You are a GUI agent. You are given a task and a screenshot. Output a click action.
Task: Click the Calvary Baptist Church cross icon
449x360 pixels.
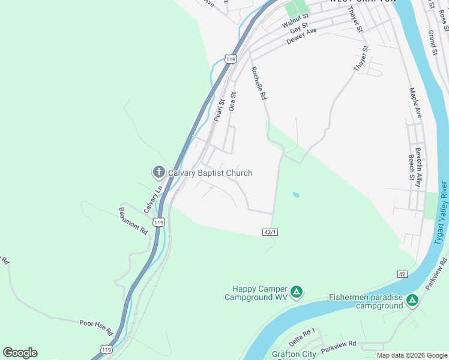click(x=159, y=173)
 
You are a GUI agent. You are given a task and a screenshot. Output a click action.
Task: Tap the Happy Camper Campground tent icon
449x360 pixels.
click(x=296, y=292)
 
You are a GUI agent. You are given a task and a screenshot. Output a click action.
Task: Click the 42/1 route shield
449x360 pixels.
click(x=270, y=232)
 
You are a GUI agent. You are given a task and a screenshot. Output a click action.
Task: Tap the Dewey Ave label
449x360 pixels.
click(x=301, y=35)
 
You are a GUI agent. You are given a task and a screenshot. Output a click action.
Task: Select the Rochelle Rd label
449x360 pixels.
click(x=259, y=83)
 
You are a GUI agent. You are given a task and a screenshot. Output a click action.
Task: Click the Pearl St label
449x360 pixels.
click(x=219, y=110)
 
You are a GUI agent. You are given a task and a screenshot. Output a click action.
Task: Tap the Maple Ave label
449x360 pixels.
click(x=415, y=103)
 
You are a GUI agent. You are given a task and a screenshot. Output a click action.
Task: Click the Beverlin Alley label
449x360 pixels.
click(x=418, y=166)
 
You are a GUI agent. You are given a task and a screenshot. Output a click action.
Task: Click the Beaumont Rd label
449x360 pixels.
click(x=133, y=220)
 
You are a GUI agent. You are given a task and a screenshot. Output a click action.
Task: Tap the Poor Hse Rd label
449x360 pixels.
click(x=96, y=327)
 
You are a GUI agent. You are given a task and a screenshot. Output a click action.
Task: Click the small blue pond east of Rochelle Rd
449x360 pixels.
click(x=296, y=195)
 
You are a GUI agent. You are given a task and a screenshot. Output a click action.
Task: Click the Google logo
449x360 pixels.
click(x=20, y=353)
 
